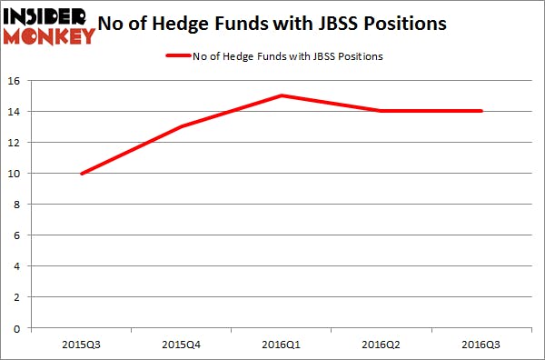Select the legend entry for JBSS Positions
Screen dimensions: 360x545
[287, 56]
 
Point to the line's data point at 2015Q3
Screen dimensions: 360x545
[82, 173]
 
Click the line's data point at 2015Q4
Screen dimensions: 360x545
[182, 126]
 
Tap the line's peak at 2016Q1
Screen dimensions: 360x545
[282, 95]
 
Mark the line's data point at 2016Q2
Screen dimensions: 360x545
[381, 111]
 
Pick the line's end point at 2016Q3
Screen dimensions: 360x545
[481, 111]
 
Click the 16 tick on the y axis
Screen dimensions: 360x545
[17, 80]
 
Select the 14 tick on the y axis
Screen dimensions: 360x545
[17, 111]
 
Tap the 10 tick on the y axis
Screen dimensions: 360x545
[17, 173]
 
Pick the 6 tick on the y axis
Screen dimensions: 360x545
[20, 235]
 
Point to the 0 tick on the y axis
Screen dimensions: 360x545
[20, 327]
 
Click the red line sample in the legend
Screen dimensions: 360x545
[177, 56]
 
